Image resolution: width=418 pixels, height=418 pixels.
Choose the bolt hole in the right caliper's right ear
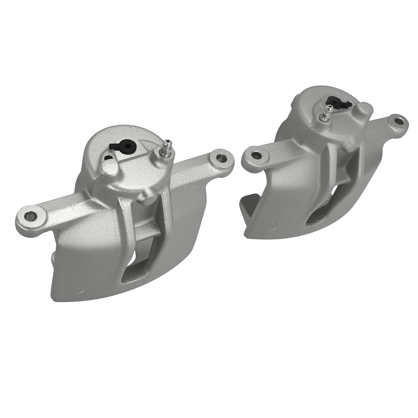click(x=398, y=121)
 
